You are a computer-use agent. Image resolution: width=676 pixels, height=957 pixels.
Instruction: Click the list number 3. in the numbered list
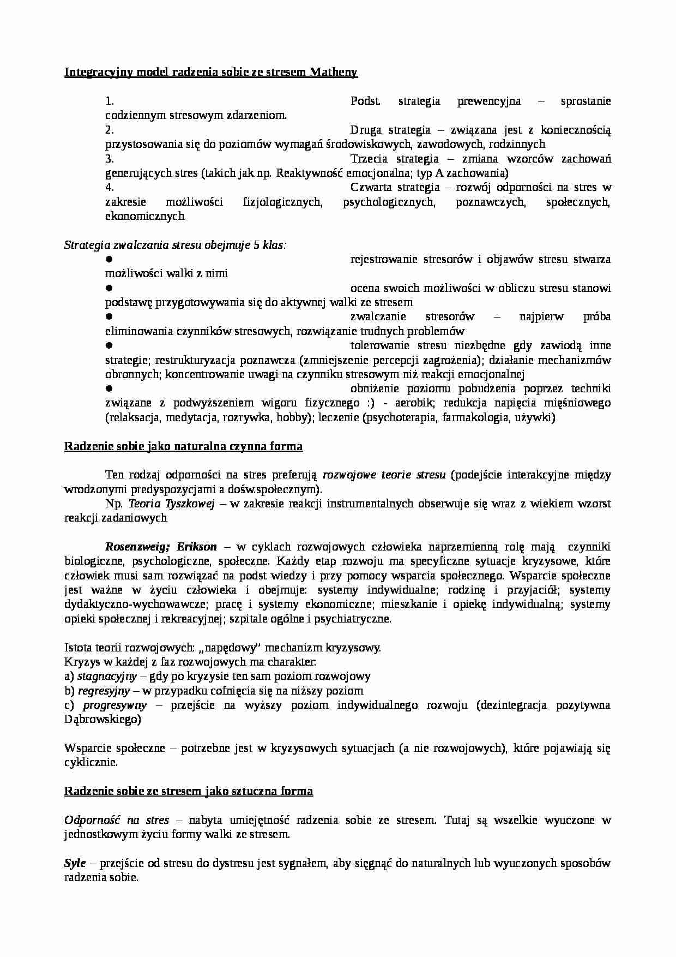point(109,159)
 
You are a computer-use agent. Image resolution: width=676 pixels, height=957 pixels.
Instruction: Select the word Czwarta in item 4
point(370,187)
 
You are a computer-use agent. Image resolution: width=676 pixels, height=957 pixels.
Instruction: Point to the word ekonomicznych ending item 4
point(144,216)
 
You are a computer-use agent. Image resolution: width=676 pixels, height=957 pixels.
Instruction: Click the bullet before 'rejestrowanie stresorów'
point(108,259)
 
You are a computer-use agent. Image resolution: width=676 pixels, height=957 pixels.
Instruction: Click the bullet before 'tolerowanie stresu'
point(108,345)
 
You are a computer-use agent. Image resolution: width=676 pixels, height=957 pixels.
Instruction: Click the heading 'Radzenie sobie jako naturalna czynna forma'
point(183,446)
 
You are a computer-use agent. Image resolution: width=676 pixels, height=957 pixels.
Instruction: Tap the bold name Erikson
point(197,547)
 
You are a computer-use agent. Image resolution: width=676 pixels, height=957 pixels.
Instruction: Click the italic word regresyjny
point(104,691)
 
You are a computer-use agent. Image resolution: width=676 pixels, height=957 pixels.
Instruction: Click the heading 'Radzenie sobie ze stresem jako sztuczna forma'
point(189,791)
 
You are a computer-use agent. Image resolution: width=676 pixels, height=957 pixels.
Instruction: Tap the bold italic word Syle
point(75,864)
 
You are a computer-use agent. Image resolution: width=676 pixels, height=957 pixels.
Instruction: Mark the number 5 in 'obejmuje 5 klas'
point(256,245)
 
